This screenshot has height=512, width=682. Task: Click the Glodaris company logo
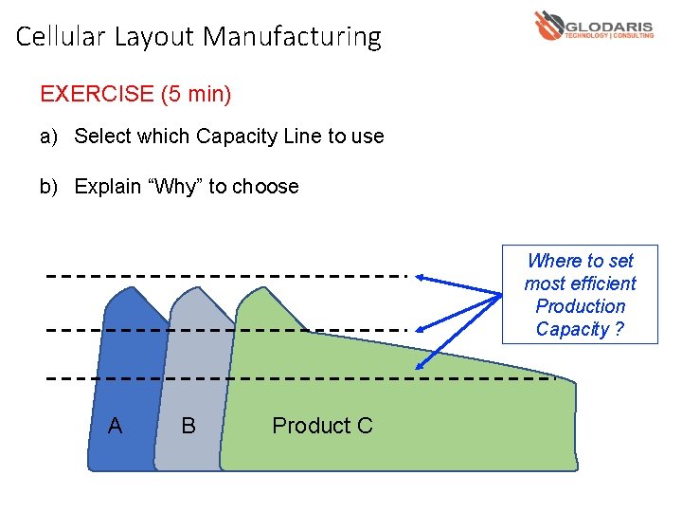coord(594,25)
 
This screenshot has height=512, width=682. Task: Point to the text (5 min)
coord(196,94)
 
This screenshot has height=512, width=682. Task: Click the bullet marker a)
coord(49,137)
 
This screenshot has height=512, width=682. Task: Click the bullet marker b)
coord(49,187)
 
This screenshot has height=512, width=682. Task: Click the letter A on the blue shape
coord(115,426)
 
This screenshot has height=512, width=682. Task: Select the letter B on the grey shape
coord(188,426)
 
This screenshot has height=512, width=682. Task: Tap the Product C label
coord(322,426)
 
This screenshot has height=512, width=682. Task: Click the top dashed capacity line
coord(227,276)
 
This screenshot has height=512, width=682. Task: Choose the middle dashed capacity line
coord(227,331)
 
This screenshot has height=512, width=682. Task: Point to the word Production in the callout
coord(581,306)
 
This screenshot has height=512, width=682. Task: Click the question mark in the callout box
coord(619,329)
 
